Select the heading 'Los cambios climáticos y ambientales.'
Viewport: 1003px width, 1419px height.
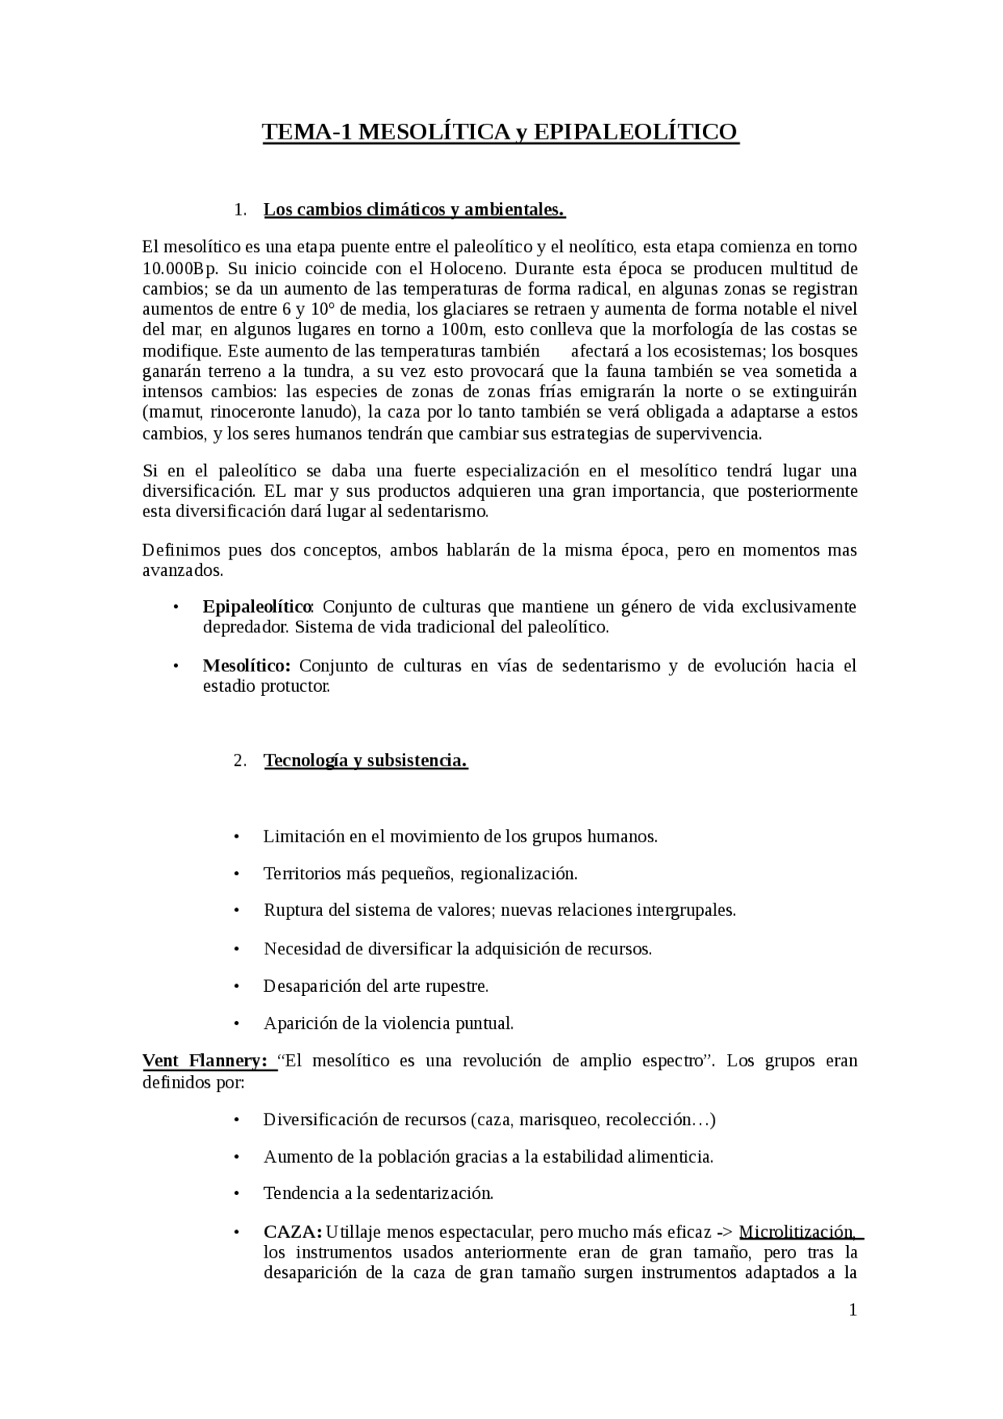click(414, 210)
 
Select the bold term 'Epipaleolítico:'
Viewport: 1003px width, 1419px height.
click(258, 607)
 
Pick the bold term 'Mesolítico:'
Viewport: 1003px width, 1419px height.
click(247, 666)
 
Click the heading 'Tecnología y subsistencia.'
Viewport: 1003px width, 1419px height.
click(365, 761)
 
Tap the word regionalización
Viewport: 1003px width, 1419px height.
click(519, 874)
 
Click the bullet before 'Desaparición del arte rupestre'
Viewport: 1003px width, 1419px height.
click(236, 986)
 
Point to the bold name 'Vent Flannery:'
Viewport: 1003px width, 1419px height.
click(205, 1061)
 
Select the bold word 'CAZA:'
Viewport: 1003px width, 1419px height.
click(292, 1232)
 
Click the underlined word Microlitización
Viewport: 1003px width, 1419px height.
click(797, 1232)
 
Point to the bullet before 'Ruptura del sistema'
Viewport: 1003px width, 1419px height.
click(236, 911)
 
